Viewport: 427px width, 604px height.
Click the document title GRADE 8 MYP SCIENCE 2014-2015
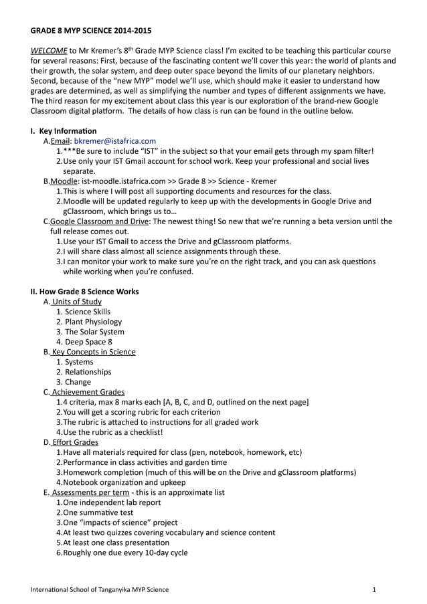point(91,31)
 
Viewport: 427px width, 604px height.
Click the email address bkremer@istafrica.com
point(114,141)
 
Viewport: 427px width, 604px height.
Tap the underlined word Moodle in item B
point(64,181)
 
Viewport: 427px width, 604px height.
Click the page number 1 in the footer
point(374,589)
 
